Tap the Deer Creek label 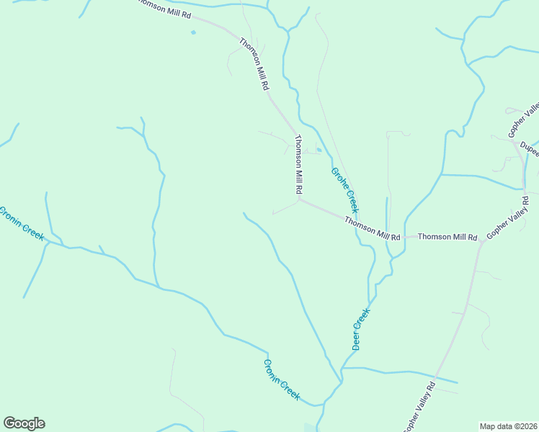pos(361,329)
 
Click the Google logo pos(24,423)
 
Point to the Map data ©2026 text pos(508,426)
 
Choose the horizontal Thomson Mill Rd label pos(447,236)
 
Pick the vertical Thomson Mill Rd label pos(298,165)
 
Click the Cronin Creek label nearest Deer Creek pos(281,379)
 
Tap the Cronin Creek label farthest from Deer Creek pos(22,224)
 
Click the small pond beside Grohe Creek pos(318,150)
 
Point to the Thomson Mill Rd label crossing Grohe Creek pos(371,228)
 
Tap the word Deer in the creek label pos(357,338)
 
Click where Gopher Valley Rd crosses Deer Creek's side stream pos(436,379)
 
